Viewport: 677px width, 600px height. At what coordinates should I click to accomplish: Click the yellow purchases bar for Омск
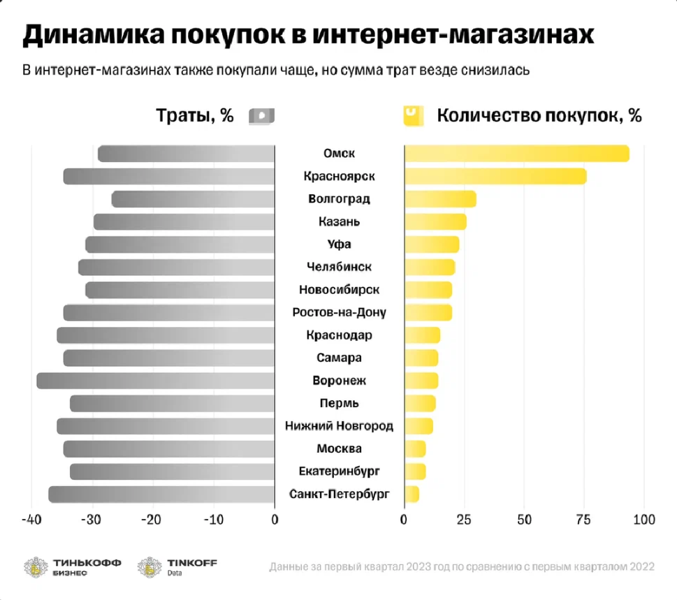516,154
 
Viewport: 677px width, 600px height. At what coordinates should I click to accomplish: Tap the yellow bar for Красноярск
495,177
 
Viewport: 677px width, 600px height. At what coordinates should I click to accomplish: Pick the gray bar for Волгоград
193,199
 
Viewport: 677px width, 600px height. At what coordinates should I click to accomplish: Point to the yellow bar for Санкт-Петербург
412,495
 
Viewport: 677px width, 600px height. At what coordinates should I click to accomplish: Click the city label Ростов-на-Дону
340,312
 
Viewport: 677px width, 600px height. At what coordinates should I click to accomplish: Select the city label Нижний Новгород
340,425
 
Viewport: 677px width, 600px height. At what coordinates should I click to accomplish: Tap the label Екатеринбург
340,471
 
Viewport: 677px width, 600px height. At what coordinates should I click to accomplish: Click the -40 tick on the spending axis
31,520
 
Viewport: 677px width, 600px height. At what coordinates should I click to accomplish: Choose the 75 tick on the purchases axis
583,520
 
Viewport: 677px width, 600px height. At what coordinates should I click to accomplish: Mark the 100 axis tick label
643,520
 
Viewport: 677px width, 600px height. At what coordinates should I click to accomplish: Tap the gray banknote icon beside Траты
261,116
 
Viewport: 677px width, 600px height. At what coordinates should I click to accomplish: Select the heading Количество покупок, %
539,116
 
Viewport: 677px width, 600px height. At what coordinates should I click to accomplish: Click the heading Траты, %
195,116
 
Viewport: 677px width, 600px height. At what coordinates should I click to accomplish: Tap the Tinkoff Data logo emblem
150,567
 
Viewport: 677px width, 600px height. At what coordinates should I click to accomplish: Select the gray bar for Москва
168,448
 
